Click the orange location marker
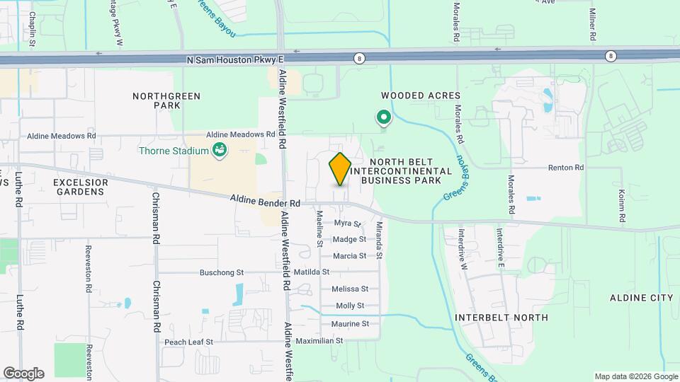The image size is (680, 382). click(x=340, y=168)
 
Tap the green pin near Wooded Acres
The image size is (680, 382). click(x=384, y=117)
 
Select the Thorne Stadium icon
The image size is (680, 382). click(x=220, y=150)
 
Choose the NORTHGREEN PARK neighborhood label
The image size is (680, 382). click(x=167, y=100)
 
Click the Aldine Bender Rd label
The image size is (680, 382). click(x=266, y=202)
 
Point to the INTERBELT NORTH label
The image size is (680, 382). click(x=501, y=318)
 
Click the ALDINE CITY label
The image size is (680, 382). click(x=642, y=298)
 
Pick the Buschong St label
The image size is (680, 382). click(x=221, y=272)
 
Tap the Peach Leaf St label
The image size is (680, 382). click(x=189, y=342)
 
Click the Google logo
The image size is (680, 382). click(x=23, y=374)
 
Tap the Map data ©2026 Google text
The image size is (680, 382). click(x=635, y=376)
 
